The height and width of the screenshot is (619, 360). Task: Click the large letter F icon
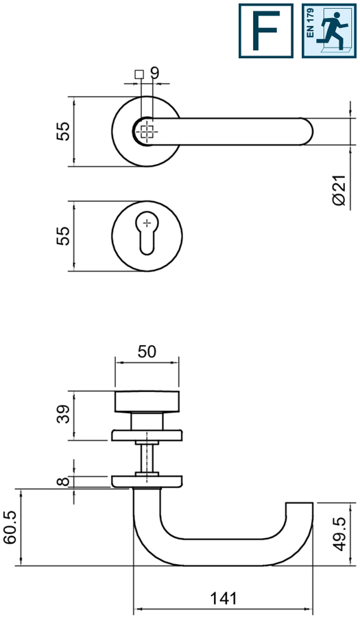point(266,31)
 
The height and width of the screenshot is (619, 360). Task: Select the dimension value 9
point(154,73)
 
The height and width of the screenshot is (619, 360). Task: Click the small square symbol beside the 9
point(139,74)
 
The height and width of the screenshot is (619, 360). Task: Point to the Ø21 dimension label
point(339,190)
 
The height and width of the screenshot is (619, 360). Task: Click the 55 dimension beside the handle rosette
point(62,131)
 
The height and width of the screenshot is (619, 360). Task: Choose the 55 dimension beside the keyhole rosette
point(62,235)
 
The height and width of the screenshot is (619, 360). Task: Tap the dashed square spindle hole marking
point(147,132)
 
